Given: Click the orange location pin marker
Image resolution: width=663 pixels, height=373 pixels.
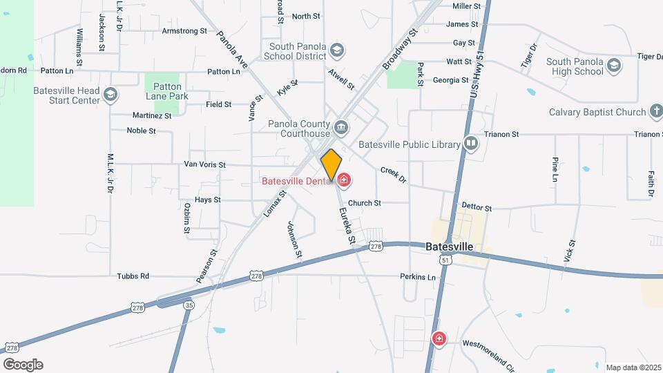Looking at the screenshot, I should point(331,164).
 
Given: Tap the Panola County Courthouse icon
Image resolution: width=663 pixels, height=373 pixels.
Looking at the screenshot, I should point(341,127).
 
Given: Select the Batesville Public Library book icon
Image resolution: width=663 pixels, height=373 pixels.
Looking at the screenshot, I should point(471,143).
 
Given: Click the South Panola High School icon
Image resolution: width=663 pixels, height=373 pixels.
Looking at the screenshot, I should point(614,65).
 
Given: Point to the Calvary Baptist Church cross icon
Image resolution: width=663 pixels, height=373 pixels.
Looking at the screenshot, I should point(655,112).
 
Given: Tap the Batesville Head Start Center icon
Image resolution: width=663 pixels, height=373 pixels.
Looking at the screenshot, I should point(110,93).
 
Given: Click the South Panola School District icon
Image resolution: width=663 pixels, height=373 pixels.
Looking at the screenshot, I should point(336,50).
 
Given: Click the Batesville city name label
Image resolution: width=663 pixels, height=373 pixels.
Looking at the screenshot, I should point(449,247).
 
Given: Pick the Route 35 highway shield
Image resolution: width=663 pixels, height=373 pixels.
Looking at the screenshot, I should point(188,305).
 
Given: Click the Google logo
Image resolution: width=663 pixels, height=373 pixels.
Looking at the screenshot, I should point(23,365).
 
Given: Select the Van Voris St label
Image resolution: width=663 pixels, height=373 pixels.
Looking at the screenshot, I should point(204,165).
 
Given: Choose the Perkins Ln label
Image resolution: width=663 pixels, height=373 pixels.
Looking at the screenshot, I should point(418,277).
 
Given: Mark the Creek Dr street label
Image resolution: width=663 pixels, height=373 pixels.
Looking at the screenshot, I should point(394,175).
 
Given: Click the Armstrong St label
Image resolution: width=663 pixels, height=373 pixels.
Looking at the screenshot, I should point(184,31).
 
